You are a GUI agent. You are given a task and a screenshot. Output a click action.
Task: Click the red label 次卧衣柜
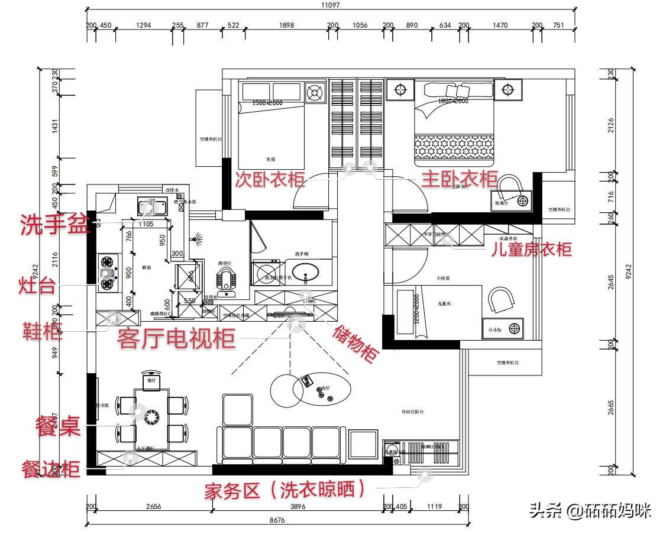click(270, 179)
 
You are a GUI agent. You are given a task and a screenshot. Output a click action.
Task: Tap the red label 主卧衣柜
click(459, 178)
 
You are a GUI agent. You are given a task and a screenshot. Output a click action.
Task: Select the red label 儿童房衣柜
click(531, 249)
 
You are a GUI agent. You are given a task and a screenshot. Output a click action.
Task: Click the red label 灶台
click(37, 287)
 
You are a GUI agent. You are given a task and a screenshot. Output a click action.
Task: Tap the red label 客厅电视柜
click(176, 339)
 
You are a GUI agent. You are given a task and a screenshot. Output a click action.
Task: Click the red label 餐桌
click(58, 426)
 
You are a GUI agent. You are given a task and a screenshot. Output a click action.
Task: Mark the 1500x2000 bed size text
click(267, 103)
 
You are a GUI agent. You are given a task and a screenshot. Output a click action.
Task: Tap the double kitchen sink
click(150, 206)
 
